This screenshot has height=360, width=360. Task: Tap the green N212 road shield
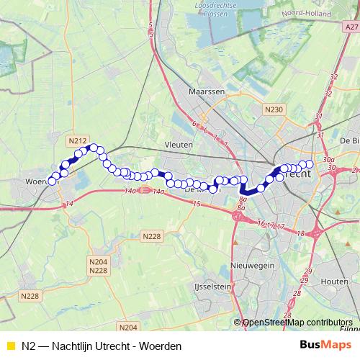pos(78,140)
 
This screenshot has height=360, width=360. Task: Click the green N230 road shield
pos(273,109)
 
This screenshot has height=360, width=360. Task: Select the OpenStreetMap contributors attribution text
pos(297,323)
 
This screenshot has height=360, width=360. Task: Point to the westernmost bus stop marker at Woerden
pos(51,181)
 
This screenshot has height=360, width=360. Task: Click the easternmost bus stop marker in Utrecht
pos(310,165)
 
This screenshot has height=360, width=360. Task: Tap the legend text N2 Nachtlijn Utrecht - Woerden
pos(102,346)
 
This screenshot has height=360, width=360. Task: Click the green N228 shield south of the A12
pos(152,236)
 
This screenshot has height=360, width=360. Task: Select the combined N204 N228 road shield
pos(98,266)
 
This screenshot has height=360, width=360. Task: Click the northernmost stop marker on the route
pos(94,148)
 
